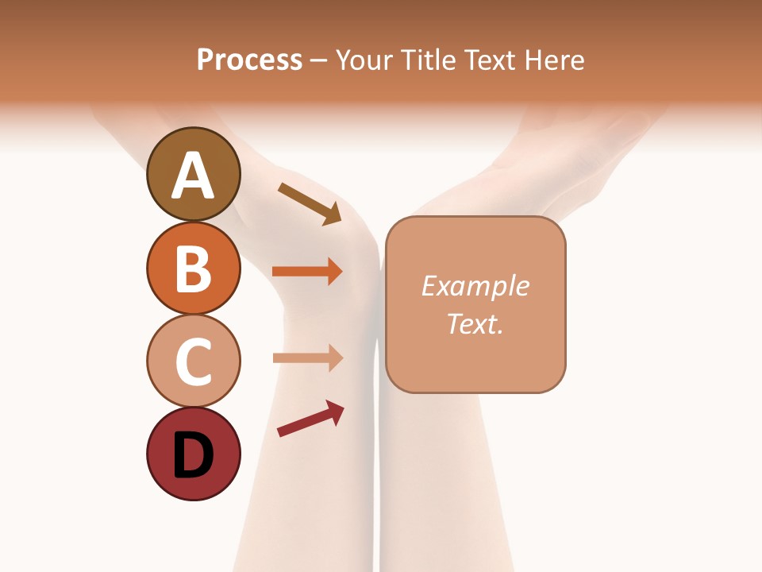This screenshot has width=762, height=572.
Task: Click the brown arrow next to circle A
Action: coord(310,203)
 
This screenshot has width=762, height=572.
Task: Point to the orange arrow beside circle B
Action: coord(307,272)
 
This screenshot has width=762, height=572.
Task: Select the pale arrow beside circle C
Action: coord(307,358)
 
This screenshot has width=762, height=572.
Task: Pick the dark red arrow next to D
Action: coord(310,419)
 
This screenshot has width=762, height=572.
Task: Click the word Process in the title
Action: coord(249,60)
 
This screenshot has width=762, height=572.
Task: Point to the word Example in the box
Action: coord(475,286)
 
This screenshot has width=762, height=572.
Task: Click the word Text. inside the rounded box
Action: coord(475,323)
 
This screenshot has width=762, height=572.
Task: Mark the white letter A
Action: coord(193,175)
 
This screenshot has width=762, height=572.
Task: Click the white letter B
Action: coord(193,269)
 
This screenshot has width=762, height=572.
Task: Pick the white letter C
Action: coord(193,361)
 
